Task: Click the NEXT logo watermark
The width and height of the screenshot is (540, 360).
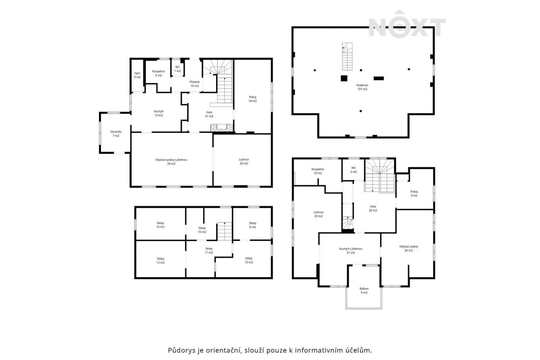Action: pos(407,25)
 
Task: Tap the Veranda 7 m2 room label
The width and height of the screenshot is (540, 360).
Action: pos(116,134)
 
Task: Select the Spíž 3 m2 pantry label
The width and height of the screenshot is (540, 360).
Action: pos(137,75)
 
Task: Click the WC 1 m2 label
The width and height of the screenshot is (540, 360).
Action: pos(177,69)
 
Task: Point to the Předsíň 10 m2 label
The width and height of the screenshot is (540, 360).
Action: pos(194,84)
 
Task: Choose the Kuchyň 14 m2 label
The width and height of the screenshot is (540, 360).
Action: pos(158,113)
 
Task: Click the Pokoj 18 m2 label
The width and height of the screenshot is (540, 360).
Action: pos(252,99)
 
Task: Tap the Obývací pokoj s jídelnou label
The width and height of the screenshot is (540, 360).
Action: pos(171,162)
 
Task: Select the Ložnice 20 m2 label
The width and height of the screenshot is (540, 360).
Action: pos(244,161)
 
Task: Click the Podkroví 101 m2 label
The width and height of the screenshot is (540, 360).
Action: pos(362,87)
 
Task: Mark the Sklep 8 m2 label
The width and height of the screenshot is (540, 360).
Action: pos(252,225)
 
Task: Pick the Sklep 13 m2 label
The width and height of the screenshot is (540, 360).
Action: pos(248,260)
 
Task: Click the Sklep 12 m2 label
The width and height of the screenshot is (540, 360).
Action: pos(160,261)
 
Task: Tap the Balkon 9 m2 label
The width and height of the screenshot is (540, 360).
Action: pos(364,291)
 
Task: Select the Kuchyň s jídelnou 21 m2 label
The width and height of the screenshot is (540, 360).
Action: pos(350,251)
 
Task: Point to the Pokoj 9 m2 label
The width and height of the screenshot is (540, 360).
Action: pos(414,194)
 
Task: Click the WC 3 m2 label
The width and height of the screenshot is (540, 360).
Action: pos(354,170)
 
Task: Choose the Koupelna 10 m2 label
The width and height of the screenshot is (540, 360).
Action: pos(318,171)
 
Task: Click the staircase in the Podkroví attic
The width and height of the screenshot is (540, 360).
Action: pos(347,57)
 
